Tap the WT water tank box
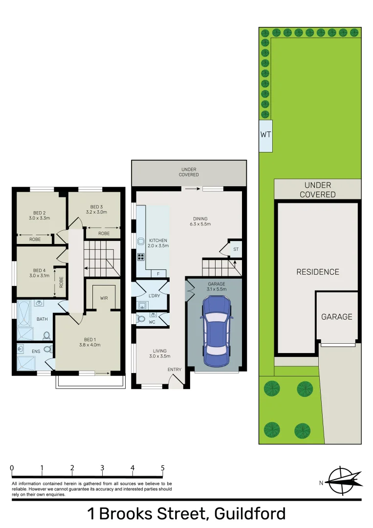265,134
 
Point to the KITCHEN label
158,241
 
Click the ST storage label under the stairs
236,249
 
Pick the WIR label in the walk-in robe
104,298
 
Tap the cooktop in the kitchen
141,256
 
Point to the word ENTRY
174,369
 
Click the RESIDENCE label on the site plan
318,272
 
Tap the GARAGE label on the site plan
336,317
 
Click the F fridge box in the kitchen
158,274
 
